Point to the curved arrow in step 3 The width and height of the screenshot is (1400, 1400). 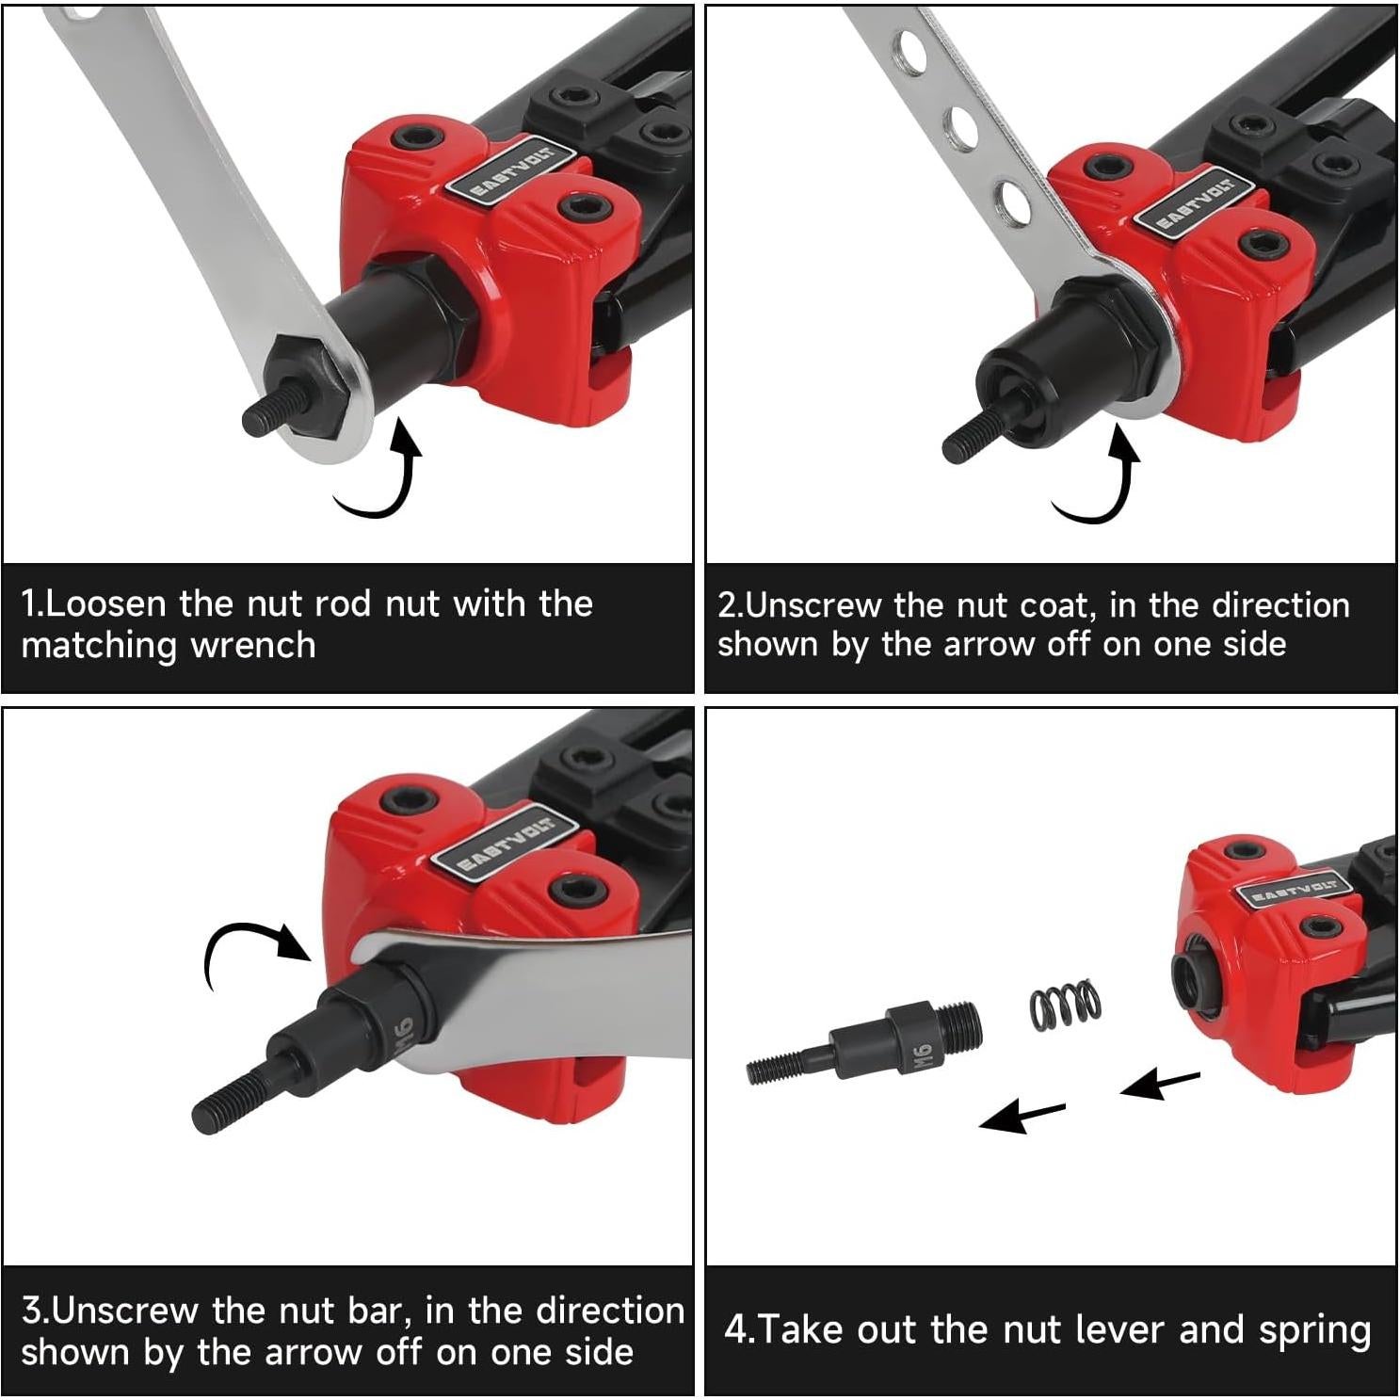click(x=247, y=951)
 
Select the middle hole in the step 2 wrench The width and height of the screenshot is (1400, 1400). click(x=959, y=124)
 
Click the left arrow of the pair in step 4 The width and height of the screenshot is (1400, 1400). click(x=1022, y=1118)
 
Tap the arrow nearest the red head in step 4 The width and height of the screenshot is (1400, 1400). click(x=1160, y=1085)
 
